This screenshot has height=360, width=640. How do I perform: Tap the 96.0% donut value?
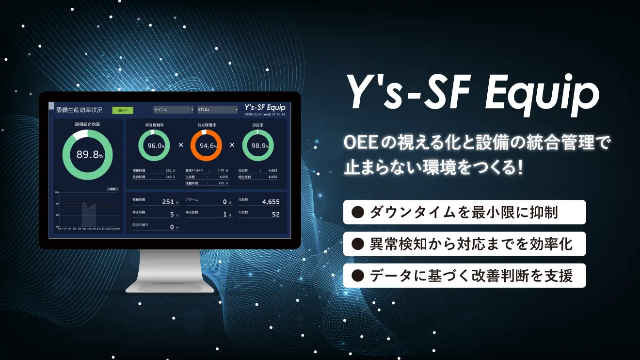click(x=154, y=145)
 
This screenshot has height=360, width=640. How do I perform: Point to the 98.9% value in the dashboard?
click(x=257, y=145)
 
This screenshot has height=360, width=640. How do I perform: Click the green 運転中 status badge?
click(x=122, y=110)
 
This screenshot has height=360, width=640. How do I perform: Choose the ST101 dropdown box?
click(x=217, y=110)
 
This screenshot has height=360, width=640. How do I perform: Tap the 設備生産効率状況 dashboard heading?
click(x=80, y=110)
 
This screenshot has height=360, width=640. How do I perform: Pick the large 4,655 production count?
click(x=271, y=202)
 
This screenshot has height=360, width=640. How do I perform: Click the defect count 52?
click(x=275, y=214)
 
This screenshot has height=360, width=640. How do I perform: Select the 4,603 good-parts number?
click(x=272, y=171)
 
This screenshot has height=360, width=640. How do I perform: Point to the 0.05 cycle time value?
click(x=221, y=171)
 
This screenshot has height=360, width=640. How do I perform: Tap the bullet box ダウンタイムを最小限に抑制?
click(x=464, y=212)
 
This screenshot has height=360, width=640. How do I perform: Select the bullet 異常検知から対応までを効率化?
click(x=464, y=244)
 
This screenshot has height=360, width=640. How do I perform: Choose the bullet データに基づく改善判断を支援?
click(x=464, y=276)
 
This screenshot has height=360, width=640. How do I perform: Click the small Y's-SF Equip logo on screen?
click(x=265, y=107)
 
